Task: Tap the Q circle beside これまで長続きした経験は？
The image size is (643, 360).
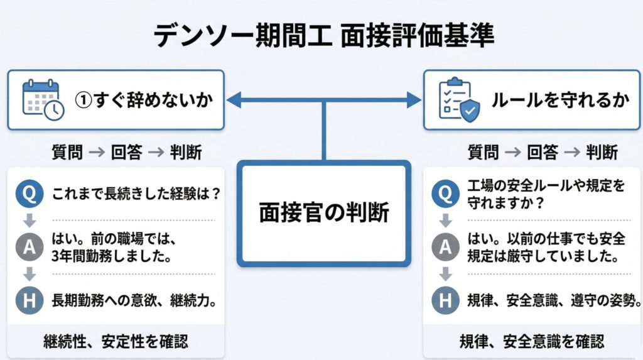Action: [x=29, y=192]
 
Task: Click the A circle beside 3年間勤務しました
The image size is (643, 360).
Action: [x=29, y=247]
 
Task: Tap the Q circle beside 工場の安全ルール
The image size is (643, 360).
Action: [x=445, y=192]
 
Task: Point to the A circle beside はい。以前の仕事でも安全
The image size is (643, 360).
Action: [x=445, y=247]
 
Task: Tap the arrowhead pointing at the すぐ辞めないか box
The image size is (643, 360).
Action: [x=233, y=99]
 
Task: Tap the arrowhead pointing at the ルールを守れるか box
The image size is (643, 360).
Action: [x=414, y=99]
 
